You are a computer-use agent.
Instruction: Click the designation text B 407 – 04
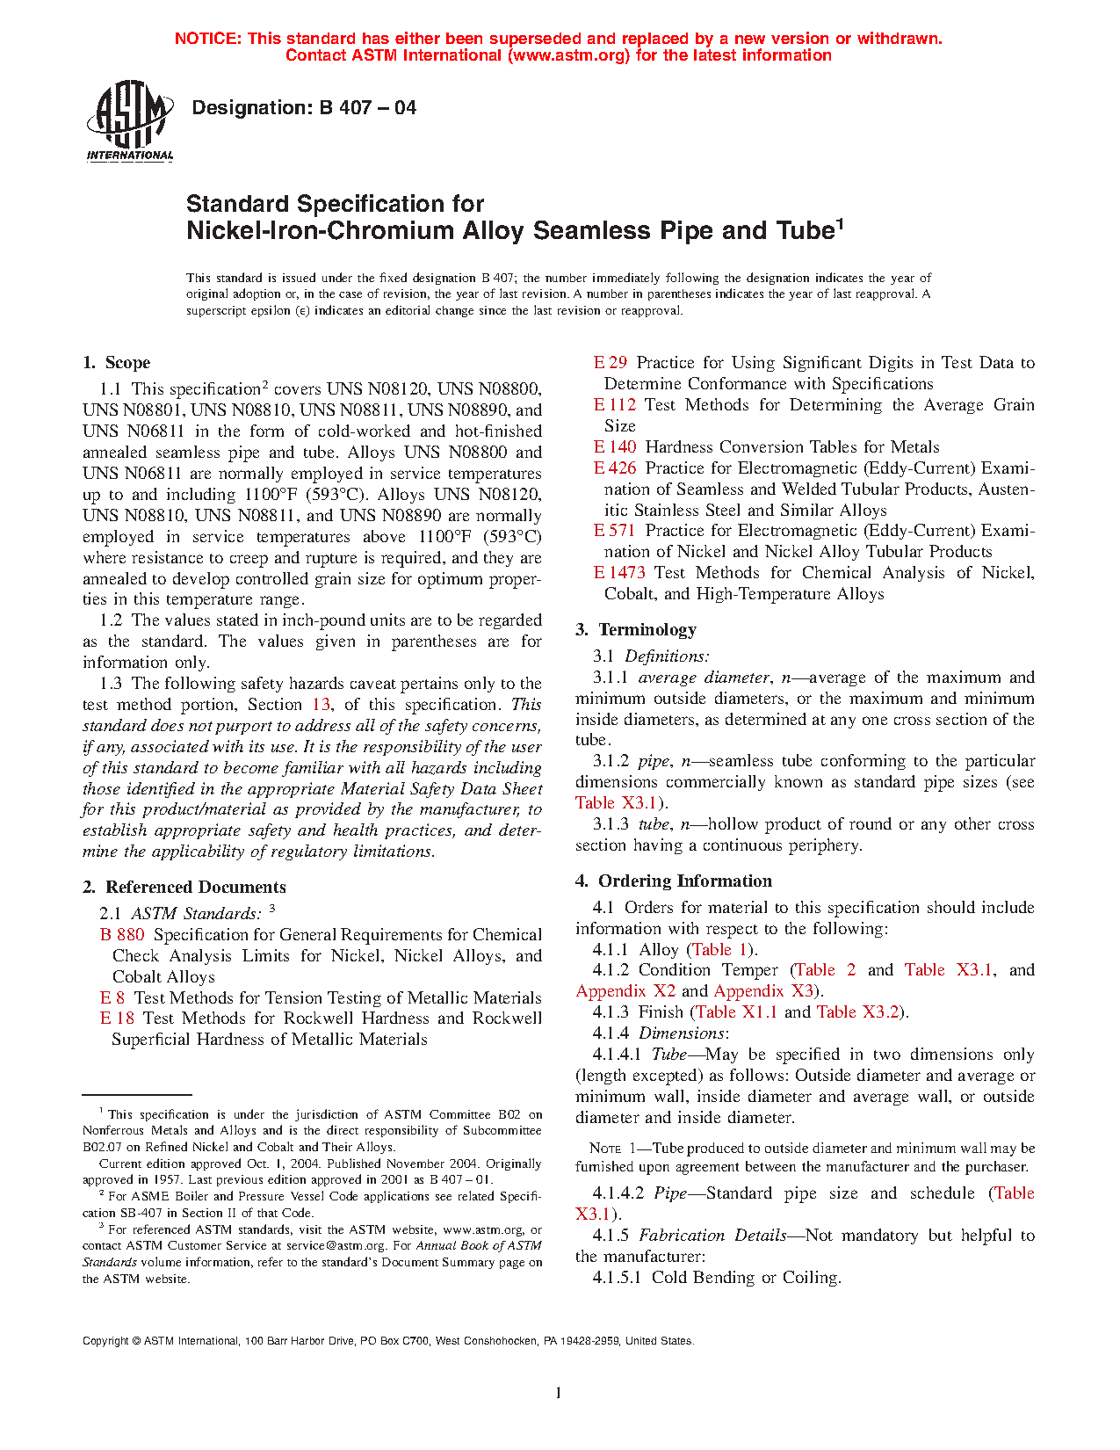click(303, 108)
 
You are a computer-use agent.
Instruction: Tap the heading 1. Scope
click(116, 363)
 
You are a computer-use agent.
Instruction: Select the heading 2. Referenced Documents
click(184, 888)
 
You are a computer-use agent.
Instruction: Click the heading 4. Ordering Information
click(674, 881)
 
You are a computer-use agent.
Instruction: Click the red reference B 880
click(122, 935)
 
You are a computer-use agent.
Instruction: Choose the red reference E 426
click(615, 468)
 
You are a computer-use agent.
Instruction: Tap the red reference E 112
click(615, 405)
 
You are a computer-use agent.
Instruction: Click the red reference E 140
click(615, 447)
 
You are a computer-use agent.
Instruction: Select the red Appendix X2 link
click(625, 991)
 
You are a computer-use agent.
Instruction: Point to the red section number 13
click(322, 705)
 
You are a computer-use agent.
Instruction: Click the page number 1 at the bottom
click(559, 1392)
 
